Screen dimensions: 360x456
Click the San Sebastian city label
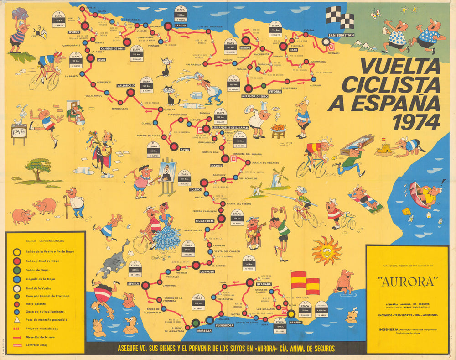[x=337, y=35]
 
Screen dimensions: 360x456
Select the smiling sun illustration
[x=326, y=250]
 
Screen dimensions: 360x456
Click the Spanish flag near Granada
[x=305, y=283]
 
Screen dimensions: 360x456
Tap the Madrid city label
[x=217, y=166]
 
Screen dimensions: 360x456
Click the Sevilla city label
[x=134, y=283]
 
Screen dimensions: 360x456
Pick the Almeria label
[x=295, y=322]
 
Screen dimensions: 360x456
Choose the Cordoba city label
[x=207, y=271]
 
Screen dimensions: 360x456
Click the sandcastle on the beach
[x=383, y=147]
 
